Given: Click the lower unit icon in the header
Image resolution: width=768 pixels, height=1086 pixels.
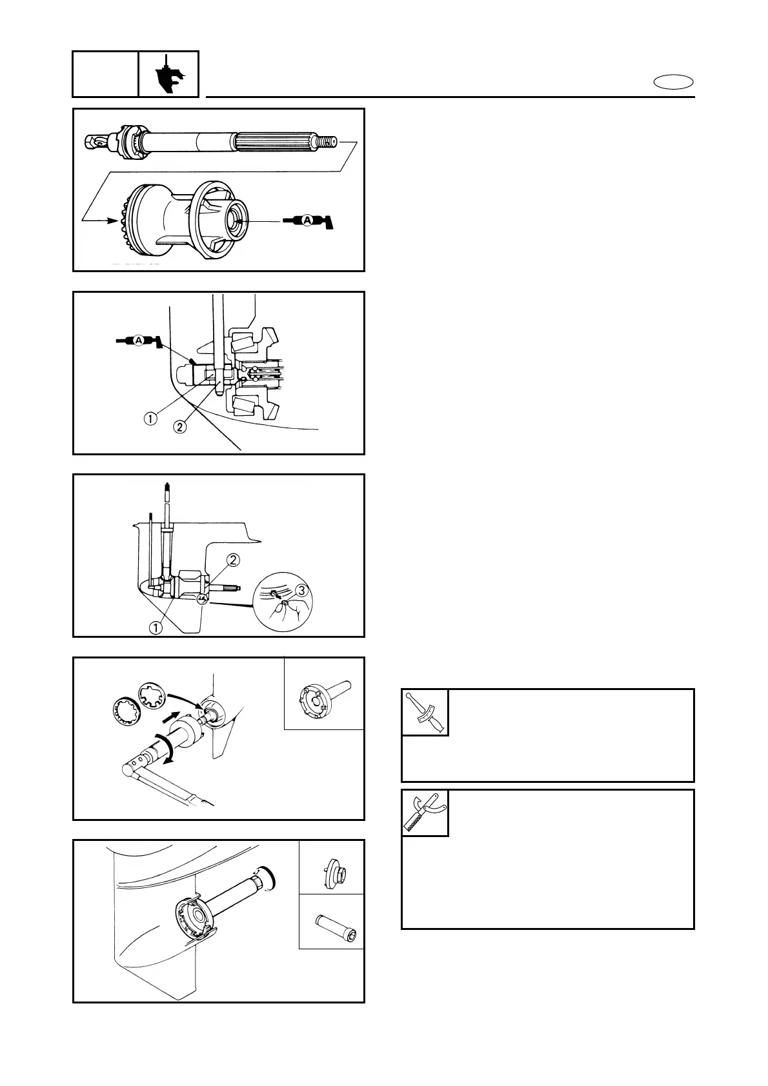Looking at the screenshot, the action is pyautogui.click(x=168, y=74).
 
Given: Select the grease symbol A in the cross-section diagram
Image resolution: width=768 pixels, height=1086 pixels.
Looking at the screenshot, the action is pyautogui.click(x=137, y=340).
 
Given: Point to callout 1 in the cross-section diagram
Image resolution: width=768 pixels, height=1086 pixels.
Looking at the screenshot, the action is pyautogui.click(x=150, y=419).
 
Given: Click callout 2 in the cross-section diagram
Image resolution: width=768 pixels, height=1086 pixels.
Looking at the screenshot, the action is pyautogui.click(x=180, y=426).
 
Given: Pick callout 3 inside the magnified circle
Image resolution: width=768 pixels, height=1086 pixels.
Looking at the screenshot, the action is pyautogui.click(x=300, y=589).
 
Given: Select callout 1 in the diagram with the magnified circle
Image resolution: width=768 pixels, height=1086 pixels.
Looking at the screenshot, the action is pyautogui.click(x=156, y=625).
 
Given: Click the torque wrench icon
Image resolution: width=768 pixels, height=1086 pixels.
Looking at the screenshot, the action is pyautogui.click(x=425, y=712).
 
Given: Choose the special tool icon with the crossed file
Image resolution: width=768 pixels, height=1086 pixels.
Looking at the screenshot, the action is pyautogui.click(x=425, y=813).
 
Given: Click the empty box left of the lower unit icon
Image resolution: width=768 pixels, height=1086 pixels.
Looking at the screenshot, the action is pyautogui.click(x=105, y=74).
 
